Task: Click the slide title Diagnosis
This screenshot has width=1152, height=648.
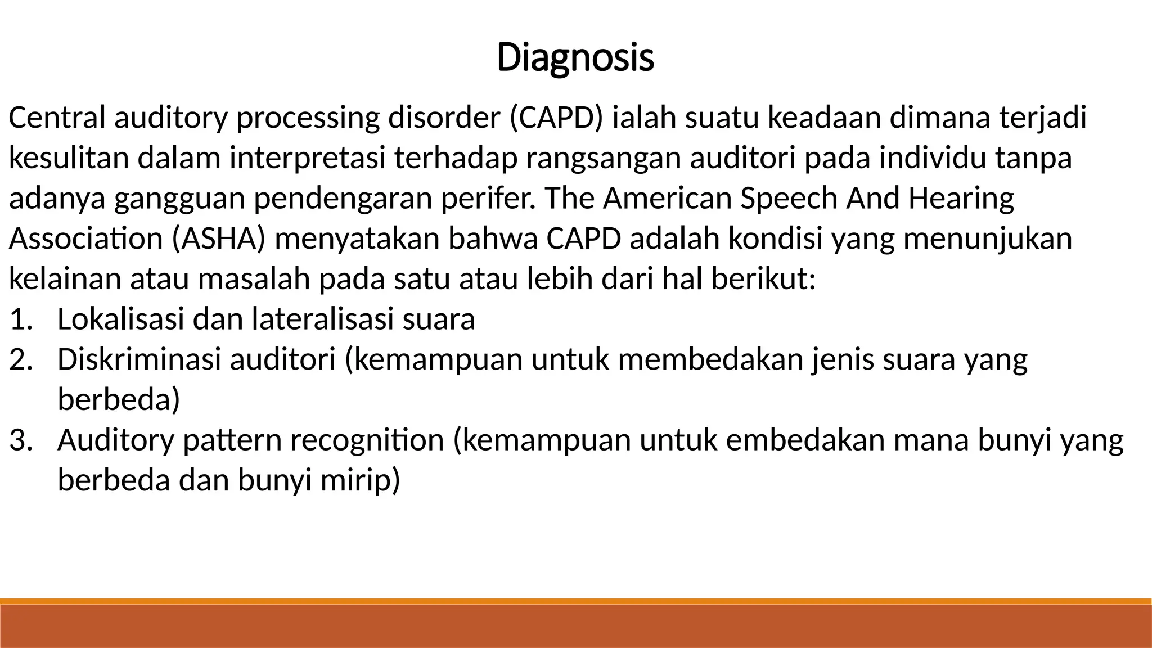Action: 575,57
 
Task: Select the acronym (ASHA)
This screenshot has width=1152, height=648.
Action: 219,238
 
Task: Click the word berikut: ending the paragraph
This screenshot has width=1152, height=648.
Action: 763,279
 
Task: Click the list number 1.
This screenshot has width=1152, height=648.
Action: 21,319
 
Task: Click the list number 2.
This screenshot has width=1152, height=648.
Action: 21,360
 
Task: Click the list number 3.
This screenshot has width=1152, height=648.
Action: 21,440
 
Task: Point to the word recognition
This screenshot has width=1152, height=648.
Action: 367,440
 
